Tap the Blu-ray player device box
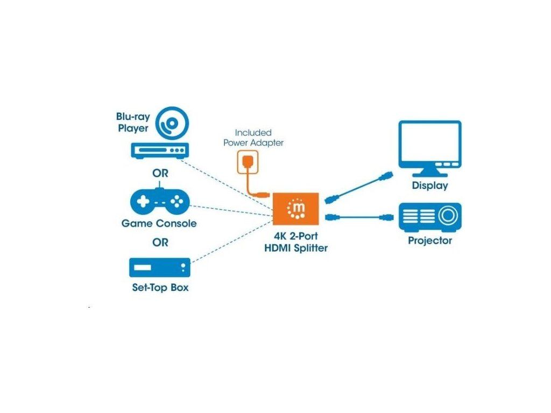(x=160, y=151)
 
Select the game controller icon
(x=160, y=202)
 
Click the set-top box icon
(x=160, y=267)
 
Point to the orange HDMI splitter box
(x=296, y=209)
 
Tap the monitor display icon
(x=429, y=147)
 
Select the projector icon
(x=429, y=217)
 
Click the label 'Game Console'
(x=159, y=223)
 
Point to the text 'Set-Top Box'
(x=160, y=288)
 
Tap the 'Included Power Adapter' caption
(x=253, y=138)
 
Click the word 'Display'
(x=429, y=186)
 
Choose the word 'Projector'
(x=430, y=240)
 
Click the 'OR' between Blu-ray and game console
(x=160, y=174)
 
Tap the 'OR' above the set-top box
(x=160, y=243)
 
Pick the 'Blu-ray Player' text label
(x=132, y=122)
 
